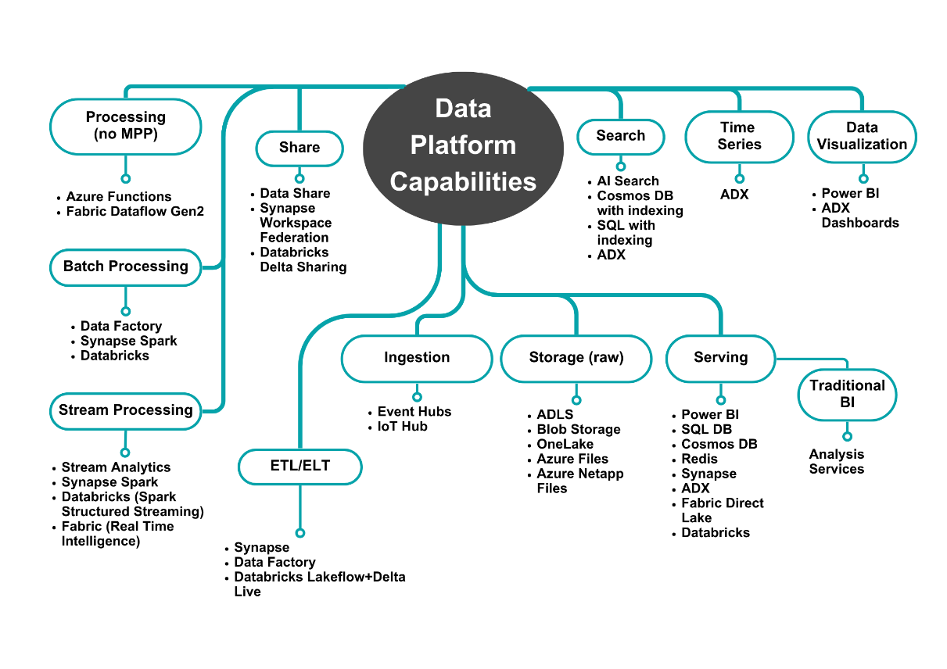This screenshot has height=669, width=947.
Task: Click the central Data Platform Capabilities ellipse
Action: pyautogui.click(x=463, y=145)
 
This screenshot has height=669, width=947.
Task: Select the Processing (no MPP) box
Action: pyautogui.click(x=126, y=125)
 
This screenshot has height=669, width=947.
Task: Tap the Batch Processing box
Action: pyautogui.click(x=126, y=267)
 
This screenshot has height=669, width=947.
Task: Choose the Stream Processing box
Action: pyautogui.click(x=126, y=410)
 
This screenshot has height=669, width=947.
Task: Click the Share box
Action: pyautogui.click(x=300, y=147)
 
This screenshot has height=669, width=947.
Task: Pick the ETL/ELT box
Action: pyautogui.click(x=300, y=467)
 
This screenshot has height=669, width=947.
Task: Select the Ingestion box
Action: pyautogui.click(x=417, y=358)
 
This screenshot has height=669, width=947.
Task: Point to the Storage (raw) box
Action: pyautogui.click(x=576, y=358)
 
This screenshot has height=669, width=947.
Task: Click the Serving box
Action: pyautogui.click(x=720, y=358)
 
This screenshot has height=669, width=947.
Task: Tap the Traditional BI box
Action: pyautogui.click(x=847, y=394)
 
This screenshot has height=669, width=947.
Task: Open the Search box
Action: pyautogui.click(x=620, y=136)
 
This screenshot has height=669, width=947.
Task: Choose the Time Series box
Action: pyautogui.click(x=739, y=136)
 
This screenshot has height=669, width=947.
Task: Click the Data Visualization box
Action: pyautogui.click(x=862, y=136)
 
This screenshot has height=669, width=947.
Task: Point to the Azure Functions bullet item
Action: pyautogui.click(x=118, y=197)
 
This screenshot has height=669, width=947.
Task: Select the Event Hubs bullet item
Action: pyautogui.click(x=414, y=412)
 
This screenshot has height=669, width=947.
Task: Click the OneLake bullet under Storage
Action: pyautogui.click(x=565, y=445)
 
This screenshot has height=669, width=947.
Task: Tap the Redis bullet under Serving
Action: pyautogui.click(x=699, y=460)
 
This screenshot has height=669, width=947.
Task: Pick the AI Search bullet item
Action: pyautogui.click(x=627, y=181)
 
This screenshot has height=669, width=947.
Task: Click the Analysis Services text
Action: pyautogui.click(x=837, y=462)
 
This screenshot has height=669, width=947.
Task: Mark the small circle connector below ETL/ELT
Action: pyautogui.click(x=300, y=533)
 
